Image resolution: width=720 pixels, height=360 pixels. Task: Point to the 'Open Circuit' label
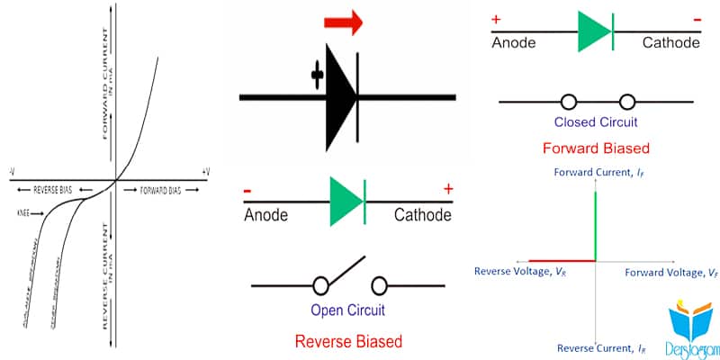pos(347,311)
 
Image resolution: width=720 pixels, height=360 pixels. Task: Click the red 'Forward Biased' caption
pos(597,148)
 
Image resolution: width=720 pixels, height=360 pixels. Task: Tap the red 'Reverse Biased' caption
pos(347,341)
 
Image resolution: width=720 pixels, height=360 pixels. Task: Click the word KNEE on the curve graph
pos(24,213)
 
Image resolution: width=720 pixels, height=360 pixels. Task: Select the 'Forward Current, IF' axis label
pos(594,171)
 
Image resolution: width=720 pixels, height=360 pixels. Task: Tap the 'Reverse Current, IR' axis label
pos(594,347)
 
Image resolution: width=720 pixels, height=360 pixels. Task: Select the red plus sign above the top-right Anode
pos(495,18)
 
